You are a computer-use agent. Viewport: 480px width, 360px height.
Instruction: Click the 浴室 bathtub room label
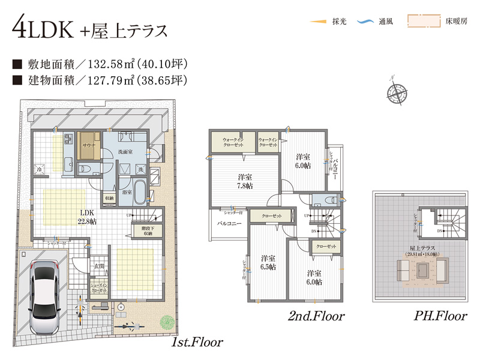coord(127,193)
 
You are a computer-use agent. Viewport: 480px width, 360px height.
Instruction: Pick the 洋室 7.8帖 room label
coord(244,181)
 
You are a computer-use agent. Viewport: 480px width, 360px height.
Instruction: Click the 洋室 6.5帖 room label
coord(267,262)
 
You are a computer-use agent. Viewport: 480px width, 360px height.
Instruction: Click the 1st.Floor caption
coord(197,343)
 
